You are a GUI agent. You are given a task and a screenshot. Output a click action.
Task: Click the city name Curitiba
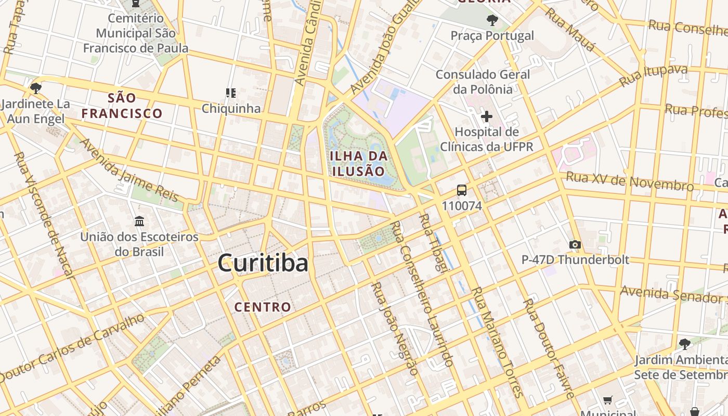[x=263, y=263]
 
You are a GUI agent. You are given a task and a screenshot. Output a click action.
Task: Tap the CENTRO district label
[x=263, y=307]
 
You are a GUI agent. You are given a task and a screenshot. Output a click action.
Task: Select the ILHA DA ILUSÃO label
[x=359, y=163]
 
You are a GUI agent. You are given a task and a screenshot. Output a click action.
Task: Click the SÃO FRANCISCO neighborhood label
[x=122, y=106]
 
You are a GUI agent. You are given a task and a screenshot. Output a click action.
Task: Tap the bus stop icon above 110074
[x=462, y=190]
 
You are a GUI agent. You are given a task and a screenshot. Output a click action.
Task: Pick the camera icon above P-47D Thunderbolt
[x=575, y=244]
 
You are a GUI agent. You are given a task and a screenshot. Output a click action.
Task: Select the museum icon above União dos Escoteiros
[x=139, y=222]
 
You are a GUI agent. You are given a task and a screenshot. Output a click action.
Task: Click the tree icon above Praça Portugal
[x=492, y=20]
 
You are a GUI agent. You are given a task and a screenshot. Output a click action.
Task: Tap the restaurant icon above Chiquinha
[x=231, y=93]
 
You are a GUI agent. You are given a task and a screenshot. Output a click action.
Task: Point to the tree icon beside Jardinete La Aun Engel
[x=36, y=88]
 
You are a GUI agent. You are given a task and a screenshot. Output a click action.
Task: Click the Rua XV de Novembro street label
[x=629, y=181]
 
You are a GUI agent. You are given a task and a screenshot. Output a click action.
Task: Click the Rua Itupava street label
[x=653, y=76]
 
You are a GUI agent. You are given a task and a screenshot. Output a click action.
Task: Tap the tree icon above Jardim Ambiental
[x=685, y=344]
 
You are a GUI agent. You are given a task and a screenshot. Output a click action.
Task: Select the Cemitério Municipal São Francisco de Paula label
[x=136, y=33]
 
